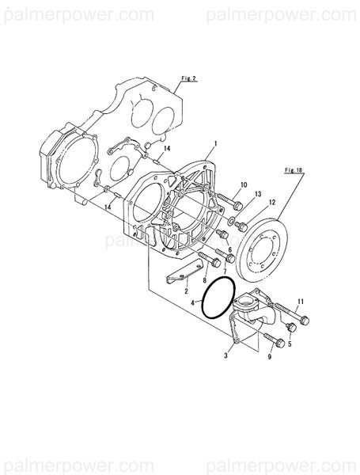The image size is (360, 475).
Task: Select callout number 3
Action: tap(226, 357)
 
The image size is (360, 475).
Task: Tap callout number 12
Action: tap(272, 203)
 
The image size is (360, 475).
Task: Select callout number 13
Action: tap(258, 194)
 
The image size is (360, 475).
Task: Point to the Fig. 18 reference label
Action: tap(294, 169)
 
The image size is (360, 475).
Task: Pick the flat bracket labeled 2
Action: tap(182, 276)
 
